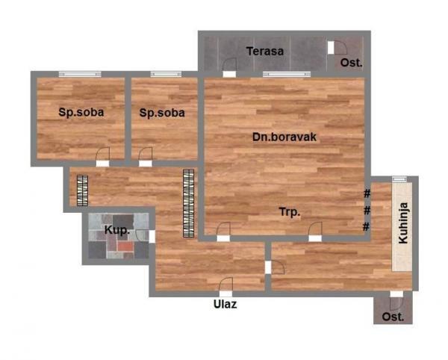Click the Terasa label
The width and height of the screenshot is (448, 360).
(266, 52)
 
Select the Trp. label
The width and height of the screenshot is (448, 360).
(290, 212)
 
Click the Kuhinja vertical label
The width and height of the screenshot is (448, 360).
(404, 224)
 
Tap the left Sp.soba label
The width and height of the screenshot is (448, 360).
(81, 113)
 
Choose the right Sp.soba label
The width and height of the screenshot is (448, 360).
(162, 113)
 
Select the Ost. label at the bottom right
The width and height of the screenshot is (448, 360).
(393, 317)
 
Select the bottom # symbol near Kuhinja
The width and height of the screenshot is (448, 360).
(367, 226)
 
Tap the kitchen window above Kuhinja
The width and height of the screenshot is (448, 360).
(399, 179)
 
